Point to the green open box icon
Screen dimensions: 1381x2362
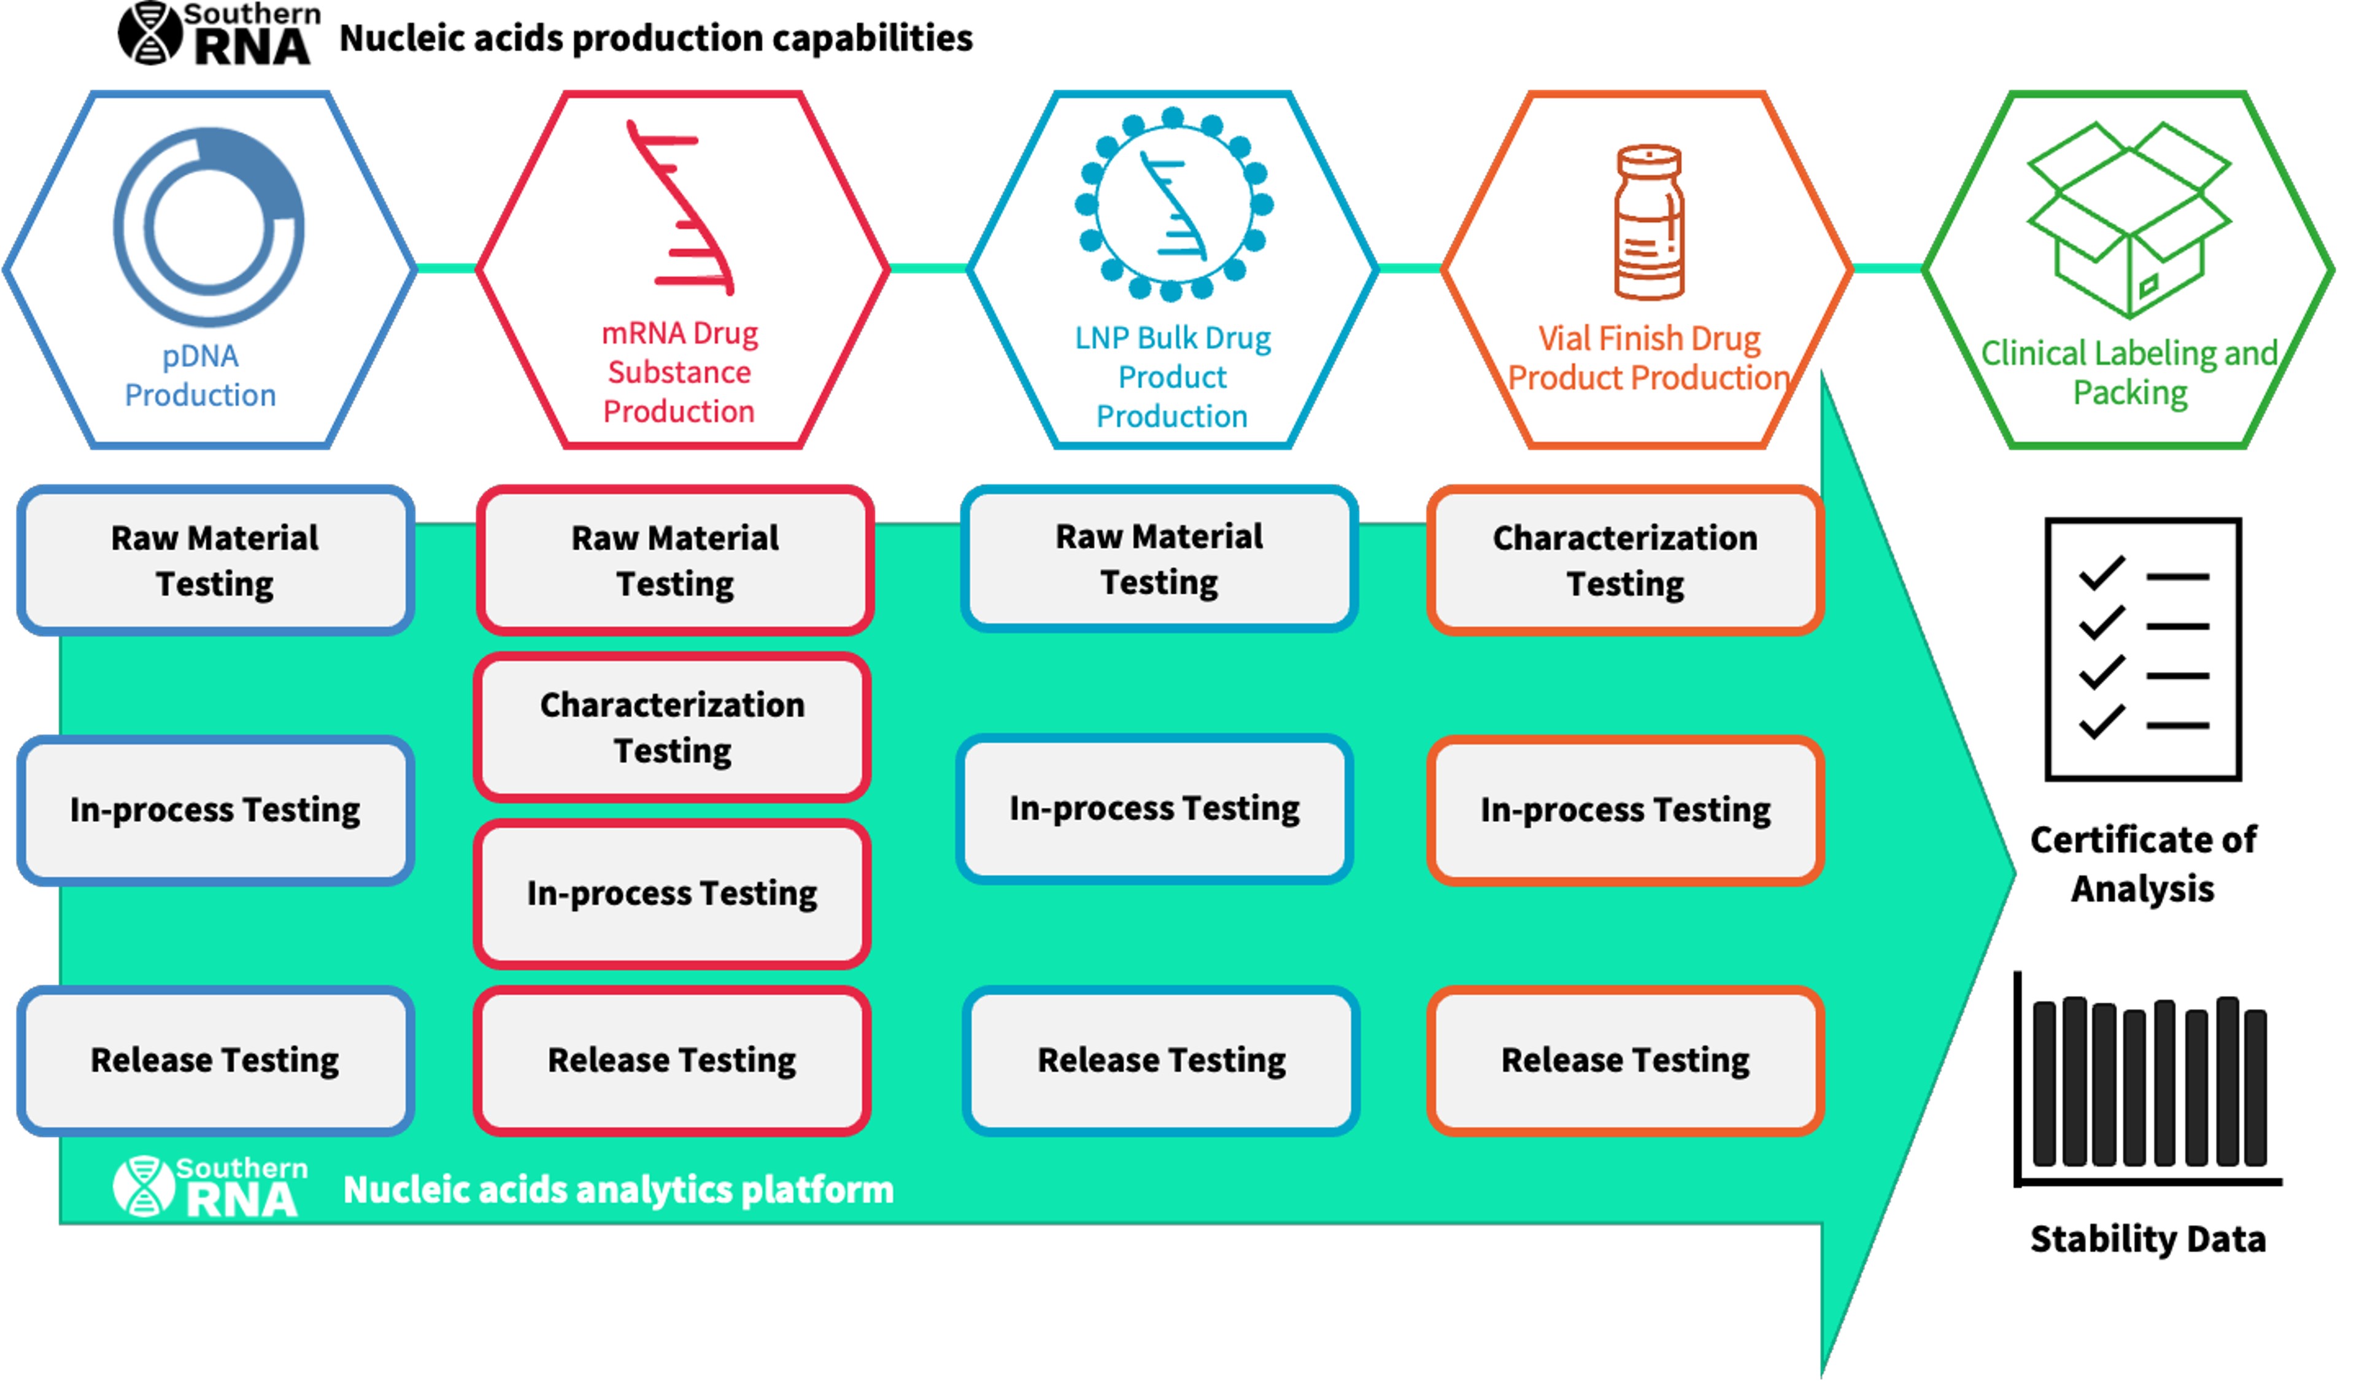coord(2129,220)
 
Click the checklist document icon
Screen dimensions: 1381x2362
coord(2144,650)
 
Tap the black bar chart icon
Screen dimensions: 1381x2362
coord(2147,1082)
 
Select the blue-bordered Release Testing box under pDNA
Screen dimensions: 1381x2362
coord(215,1061)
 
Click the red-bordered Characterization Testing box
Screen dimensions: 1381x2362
coord(672,727)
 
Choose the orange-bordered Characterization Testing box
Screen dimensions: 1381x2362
coord(1625,560)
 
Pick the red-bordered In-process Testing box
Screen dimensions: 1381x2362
coord(672,894)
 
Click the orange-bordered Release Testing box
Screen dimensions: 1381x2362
coord(1625,1061)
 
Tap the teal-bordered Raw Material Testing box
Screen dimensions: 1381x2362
coord(1159,560)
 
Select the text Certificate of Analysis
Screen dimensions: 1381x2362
coord(2143,864)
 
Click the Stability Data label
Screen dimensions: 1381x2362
coord(2147,1239)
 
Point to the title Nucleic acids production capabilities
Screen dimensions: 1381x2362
coord(656,39)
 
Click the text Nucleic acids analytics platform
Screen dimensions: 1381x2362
coord(619,1190)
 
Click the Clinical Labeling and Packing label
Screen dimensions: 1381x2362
coord(2129,372)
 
